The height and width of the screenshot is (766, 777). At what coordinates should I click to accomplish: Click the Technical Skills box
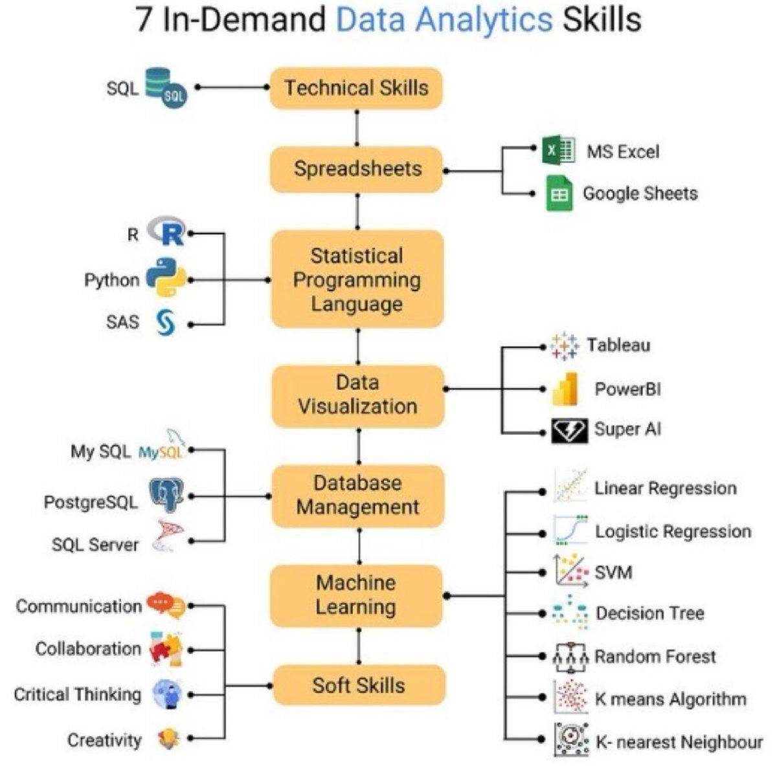pos(356,88)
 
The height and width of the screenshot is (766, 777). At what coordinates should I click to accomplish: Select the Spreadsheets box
pos(357,170)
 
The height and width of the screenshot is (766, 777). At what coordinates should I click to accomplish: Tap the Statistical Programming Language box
pos(357,279)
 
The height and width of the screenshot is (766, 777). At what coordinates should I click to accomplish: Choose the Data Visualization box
pos(357,395)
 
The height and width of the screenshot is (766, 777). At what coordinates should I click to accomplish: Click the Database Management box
pos(357,496)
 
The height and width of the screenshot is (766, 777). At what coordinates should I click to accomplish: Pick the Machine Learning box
pos(356,595)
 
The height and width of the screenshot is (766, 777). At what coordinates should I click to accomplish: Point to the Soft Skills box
pos(359,685)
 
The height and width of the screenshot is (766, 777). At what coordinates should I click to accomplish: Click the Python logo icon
pos(166,278)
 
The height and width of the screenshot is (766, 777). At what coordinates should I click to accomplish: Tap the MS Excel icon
pos(559,151)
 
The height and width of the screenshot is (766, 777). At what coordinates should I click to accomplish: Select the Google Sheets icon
pos(559,193)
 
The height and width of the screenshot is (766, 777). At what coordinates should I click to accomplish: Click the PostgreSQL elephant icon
pos(166,496)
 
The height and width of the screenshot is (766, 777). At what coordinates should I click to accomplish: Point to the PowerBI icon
pos(565,389)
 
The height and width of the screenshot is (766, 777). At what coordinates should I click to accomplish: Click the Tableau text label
pos(618,345)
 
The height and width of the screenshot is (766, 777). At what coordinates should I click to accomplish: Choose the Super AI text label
pos(627,430)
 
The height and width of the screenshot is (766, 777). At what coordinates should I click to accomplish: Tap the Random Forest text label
pos(655,657)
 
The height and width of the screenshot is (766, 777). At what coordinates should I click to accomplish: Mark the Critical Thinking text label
pos(77,695)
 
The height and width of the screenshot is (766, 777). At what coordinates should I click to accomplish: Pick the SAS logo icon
pos(166,322)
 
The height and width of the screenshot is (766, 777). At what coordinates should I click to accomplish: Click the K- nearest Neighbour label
pos(679,743)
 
